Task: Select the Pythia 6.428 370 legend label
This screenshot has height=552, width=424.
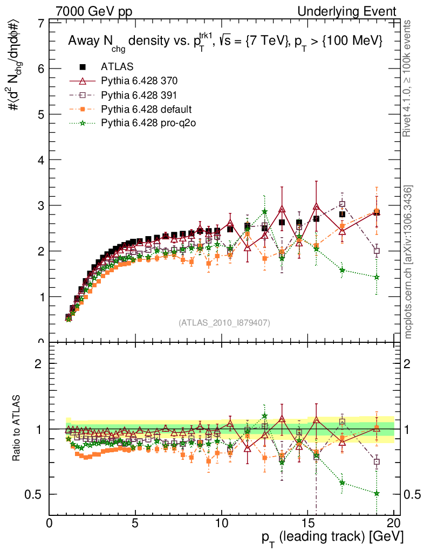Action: (x=139, y=81)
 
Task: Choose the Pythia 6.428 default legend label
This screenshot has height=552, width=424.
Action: (x=146, y=109)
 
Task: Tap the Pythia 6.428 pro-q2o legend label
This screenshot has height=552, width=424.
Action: (x=148, y=123)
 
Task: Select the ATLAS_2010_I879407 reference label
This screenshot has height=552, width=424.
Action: (x=224, y=322)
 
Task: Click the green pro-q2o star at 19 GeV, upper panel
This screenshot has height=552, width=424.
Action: (x=377, y=277)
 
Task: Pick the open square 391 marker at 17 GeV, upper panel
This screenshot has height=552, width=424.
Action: (x=342, y=204)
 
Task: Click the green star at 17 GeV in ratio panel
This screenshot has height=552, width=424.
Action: (x=342, y=482)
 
